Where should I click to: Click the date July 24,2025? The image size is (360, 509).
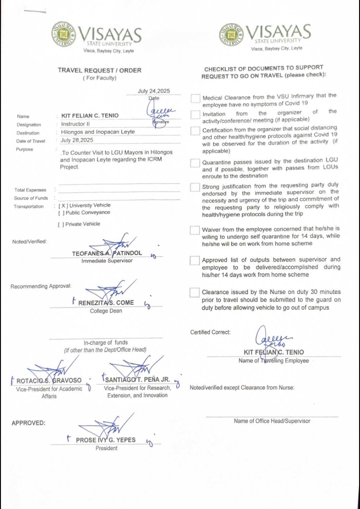pos(154,91)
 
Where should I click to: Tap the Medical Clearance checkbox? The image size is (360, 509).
pos(195,98)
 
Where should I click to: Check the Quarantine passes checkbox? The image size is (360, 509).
pos(195,163)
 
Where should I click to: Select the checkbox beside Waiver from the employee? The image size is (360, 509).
pos(195,230)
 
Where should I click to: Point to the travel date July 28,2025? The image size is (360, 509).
pos(77,140)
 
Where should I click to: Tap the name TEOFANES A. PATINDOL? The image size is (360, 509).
pos(107,253)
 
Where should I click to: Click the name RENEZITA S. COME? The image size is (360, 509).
pos(106,303)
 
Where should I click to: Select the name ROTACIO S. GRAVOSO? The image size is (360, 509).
pos(49,381)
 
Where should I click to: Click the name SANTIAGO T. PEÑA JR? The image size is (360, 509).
pos(137,380)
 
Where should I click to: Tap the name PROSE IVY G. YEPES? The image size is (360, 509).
pos(106,440)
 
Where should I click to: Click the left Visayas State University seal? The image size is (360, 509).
pos(63,34)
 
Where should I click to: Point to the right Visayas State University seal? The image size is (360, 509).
pos(231,34)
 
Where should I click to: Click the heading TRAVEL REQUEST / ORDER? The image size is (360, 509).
pos(100,70)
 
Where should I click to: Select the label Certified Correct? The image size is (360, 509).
pos(210,332)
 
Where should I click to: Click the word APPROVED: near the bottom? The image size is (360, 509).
pos(28,423)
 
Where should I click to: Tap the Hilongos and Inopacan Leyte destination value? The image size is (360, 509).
pos(98,132)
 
